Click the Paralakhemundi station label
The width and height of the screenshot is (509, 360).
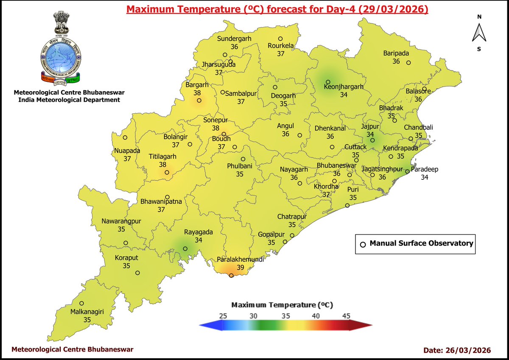click(240, 259)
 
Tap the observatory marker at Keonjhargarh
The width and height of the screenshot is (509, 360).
click(328, 82)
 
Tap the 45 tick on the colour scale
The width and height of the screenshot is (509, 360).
click(346, 316)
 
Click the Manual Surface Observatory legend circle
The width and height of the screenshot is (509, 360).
click(363, 244)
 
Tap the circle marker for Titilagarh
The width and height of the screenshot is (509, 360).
click(167, 172)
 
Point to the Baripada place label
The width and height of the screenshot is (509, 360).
click(396, 53)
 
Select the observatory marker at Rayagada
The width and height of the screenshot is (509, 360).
click(185, 248)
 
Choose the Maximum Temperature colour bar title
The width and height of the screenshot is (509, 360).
click(282, 305)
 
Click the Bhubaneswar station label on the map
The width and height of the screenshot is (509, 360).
click(337, 165)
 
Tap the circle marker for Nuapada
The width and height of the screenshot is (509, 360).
click(125, 137)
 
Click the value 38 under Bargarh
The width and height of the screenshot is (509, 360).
click(197, 93)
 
